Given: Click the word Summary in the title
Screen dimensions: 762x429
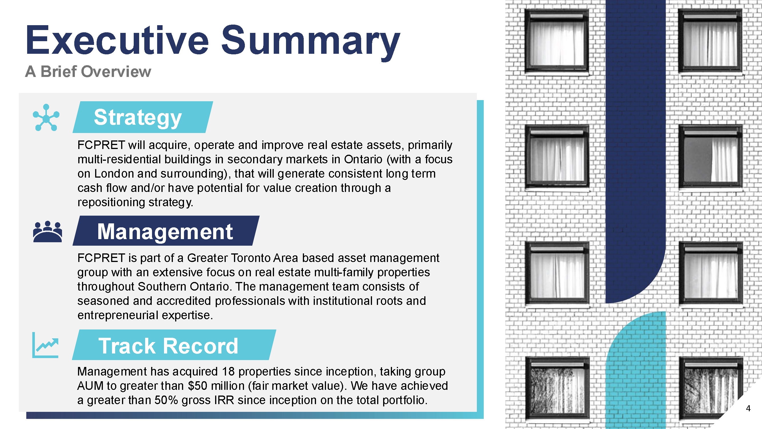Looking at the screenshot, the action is (311, 43).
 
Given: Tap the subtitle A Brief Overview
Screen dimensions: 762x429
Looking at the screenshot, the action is (88, 72).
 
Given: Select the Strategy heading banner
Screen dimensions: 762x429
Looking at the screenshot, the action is (143, 117).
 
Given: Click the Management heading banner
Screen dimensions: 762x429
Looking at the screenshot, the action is (166, 231).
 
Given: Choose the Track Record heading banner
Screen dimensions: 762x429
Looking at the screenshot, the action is (174, 345).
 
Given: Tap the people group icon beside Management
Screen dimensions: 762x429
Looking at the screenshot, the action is (48, 232).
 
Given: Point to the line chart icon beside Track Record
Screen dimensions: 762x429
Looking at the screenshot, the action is (45, 345).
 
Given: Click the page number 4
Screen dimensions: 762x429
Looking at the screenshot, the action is (748, 409).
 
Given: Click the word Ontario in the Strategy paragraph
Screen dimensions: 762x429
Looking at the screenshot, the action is (363, 160).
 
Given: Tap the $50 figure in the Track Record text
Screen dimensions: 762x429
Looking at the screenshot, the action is (197, 386).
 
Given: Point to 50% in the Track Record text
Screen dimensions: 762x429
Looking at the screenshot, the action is (166, 400).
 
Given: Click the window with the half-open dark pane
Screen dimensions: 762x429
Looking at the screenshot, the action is (710, 157).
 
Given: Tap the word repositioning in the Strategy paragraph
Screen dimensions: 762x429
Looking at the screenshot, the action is (111, 202).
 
